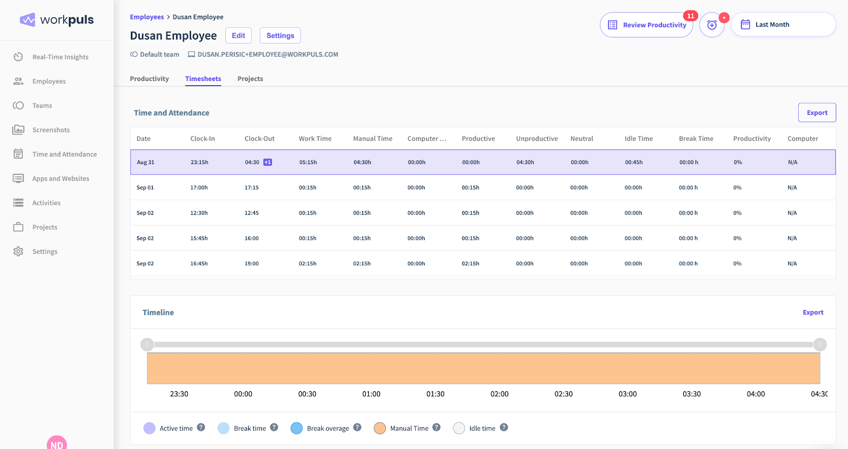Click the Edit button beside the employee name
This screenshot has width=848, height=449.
click(x=238, y=35)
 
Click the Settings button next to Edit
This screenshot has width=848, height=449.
click(x=280, y=35)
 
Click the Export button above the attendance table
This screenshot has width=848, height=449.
click(x=816, y=113)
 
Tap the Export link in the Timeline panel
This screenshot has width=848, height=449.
click(x=812, y=312)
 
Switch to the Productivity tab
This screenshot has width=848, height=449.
click(x=149, y=79)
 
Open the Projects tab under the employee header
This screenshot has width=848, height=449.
click(x=250, y=79)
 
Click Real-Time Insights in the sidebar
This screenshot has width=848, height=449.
click(x=60, y=57)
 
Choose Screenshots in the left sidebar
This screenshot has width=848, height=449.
click(x=51, y=130)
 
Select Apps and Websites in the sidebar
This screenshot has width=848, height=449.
click(x=60, y=179)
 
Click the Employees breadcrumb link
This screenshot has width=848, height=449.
click(x=147, y=17)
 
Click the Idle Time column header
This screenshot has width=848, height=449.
click(x=638, y=139)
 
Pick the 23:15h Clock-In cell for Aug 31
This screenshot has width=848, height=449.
click(x=199, y=163)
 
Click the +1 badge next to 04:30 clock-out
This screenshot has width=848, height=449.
click(x=268, y=163)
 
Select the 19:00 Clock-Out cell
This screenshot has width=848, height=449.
click(x=251, y=264)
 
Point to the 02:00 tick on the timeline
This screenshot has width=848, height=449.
click(x=499, y=394)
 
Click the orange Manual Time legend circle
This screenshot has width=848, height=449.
click(x=379, y=428)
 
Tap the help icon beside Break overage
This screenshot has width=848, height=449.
click(x=357, y=427)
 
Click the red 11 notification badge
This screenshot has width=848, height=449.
click(x=690, y=16)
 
